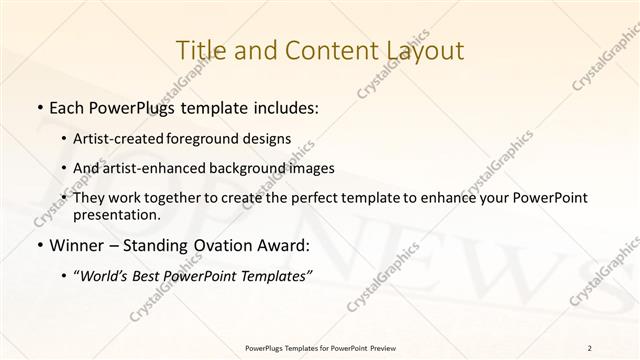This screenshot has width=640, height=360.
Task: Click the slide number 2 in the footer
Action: (x=590, y=347)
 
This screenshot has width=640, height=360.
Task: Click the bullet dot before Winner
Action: (x=38, y=244)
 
